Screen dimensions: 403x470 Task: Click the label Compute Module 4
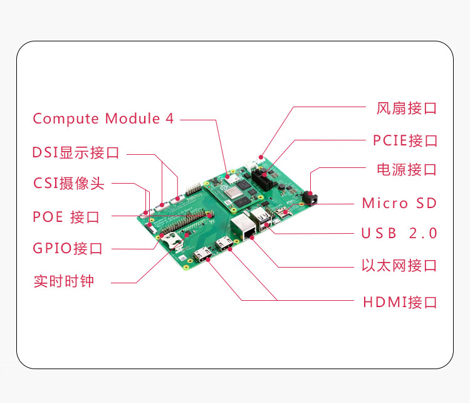click(103, 118)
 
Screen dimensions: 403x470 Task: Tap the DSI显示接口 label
click(76, 153)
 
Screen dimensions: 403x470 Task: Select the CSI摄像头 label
click(69, 184)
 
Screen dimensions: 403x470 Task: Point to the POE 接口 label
click(66, 217)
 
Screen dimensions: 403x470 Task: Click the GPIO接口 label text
click(68, 248)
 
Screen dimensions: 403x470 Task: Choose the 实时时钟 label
click(64, 281)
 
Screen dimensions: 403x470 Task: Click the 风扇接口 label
click(406, 108)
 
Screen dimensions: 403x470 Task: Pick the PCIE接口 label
click(405, 140)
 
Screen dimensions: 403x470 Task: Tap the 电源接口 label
click(406, 169)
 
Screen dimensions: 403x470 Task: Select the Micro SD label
click(399, 203)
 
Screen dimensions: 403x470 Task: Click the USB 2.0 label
click(399, 233)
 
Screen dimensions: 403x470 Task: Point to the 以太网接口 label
click(399, 265)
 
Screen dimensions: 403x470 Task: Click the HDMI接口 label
click(400, 302)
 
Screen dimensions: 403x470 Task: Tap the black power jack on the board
click(311, 197)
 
